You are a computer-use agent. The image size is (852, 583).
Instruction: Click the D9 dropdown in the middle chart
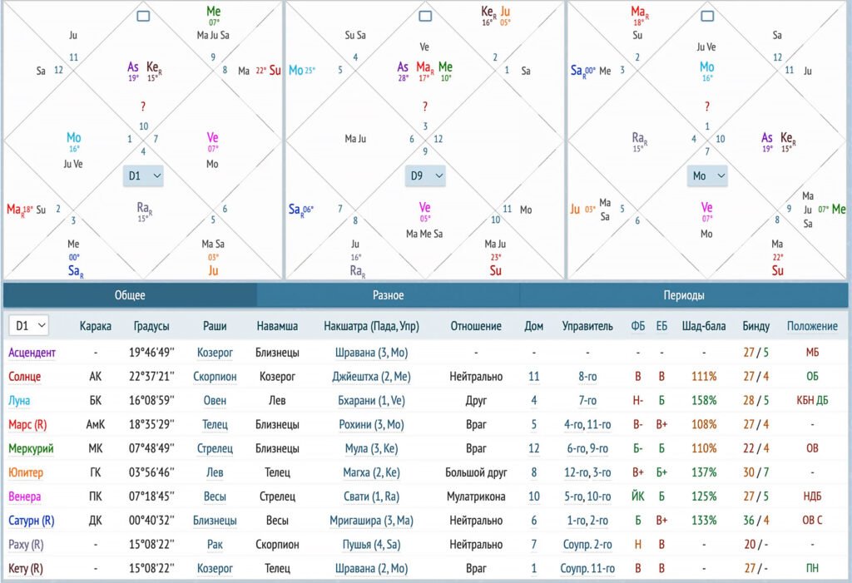pyautogui.click(x=425, y=175)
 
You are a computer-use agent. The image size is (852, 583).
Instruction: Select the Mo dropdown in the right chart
pyautogui.click(x=706, y=175)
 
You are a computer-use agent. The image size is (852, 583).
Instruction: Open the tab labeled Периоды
pyautogui.click(x=683, y=295)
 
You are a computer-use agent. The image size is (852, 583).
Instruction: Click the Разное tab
pyautogui.click(x=388, y=295)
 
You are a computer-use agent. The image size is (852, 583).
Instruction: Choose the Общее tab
pyautogui.click(x=130, y=295)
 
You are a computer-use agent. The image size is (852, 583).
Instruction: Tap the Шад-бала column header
pyautogui.click(x=702, y=326)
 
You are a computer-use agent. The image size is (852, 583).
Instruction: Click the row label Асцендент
pyautogui.click(x=32, y=353)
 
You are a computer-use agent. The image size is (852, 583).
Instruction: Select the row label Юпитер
pyautogui.click(x=27, y=472)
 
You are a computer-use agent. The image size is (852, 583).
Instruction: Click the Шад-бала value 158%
pyautogui.click(x=703, y=401)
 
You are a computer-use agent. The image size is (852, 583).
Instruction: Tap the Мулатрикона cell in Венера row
pyautogui.click(x=475, y=497)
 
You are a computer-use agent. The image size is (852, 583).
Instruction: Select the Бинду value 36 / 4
pyautogui.click(x=755, y=521)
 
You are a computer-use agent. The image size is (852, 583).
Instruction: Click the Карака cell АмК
pyautogui.click(x=95, y=425)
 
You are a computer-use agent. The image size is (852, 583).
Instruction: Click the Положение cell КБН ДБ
pyautogui.click(x=812, y=401)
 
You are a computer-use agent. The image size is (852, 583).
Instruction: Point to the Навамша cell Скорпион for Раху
pyautogui.click(x=277, y=545)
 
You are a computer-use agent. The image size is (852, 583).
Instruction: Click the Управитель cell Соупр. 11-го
pyautogui.click(x=587, y=569)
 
